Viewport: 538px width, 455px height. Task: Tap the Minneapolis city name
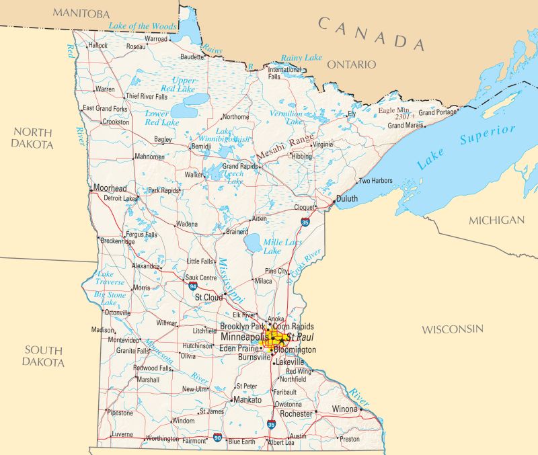click(x=244, y=336)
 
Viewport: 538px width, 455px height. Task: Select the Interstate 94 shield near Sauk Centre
click(x=193, y=286)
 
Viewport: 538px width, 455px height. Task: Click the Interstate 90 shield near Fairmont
click(x=217, y=438)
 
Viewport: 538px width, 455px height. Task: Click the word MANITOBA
click(x=81, y=13)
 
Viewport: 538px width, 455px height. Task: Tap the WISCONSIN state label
click(x=453, y=329)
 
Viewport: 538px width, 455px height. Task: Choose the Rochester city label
click(x=296, y=414)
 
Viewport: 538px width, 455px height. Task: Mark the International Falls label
click(x=284, y=73)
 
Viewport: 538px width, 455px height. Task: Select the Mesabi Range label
click(x=284, y=146)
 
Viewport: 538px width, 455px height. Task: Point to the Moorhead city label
click(x=110, y=188)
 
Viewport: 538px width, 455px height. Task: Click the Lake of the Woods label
click(x=143, y=26)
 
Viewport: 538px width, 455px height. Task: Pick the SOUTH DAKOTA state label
click(x=44, y=356)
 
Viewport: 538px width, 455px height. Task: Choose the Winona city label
click(x=345, y=409)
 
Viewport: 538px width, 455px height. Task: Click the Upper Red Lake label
click(x=178, y=84)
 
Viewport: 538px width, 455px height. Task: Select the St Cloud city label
click(x=208, y=296)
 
